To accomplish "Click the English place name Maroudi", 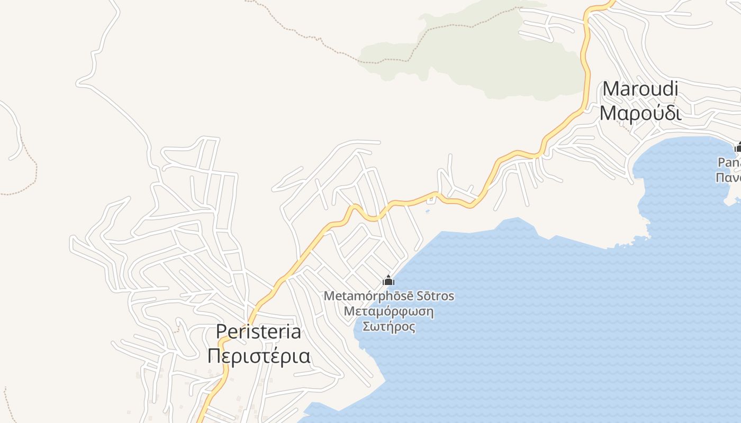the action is tap(640, 89).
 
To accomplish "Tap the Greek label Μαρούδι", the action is tap(640, 113).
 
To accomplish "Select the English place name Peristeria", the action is tap(258, 332).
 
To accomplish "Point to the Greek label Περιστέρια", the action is tap(259, 356).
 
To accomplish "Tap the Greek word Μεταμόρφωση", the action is tap(388, 311).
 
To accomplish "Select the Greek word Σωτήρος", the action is tap(388, 326).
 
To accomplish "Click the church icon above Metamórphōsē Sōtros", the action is tap(388, 280).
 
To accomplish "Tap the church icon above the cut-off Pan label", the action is tap(738, 148).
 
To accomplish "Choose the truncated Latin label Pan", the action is tap(729, 162).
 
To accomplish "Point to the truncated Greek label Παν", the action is tap(728, 177).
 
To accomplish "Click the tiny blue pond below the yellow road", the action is tap(428, 212).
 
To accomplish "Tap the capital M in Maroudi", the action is tap(611, 89).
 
